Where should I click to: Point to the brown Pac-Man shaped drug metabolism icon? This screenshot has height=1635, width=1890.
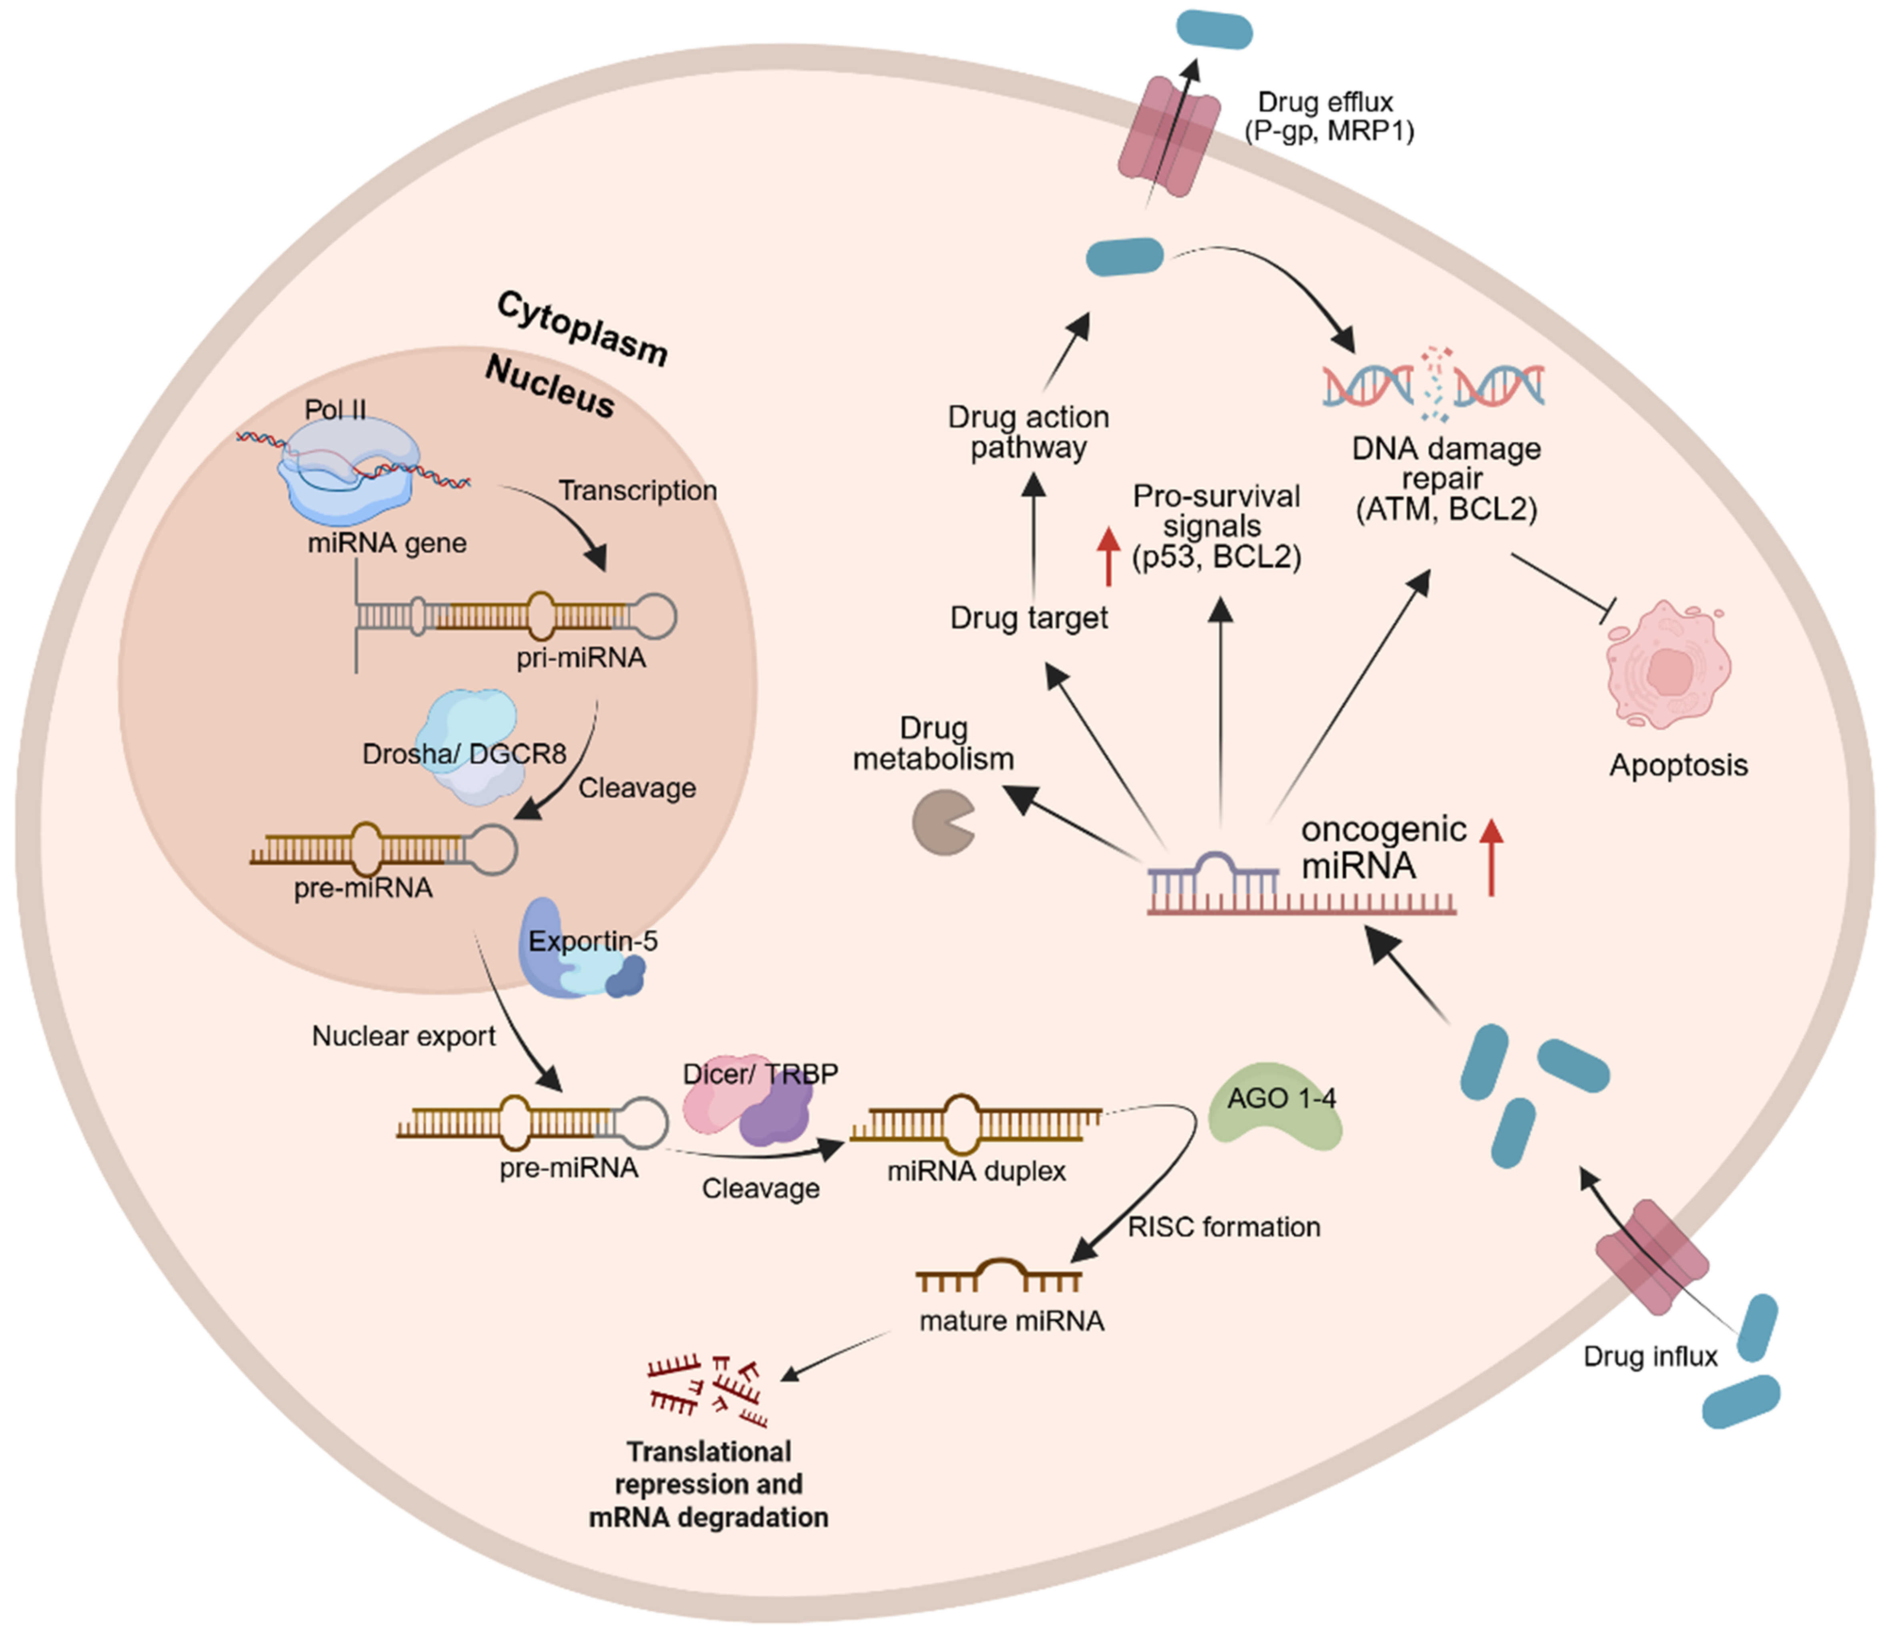point(943,822)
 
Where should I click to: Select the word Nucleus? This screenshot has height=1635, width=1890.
point(549,385)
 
